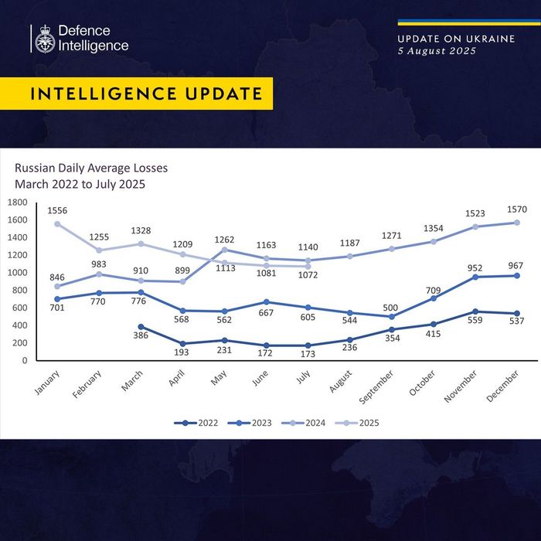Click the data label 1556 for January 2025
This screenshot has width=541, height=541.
[x=56, y=210]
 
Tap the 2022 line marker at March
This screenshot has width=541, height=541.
[x=141, y=326]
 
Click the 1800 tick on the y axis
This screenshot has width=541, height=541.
[x=17, y=202]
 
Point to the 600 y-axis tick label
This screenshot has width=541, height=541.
[x=20, y=308]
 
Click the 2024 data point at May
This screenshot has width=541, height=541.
[x=225, y=250]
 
